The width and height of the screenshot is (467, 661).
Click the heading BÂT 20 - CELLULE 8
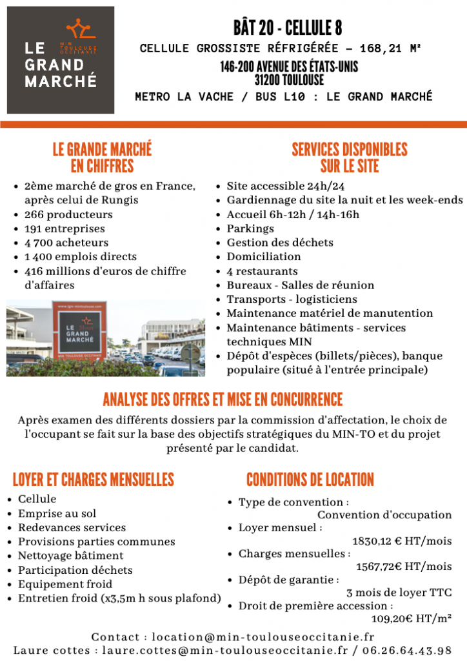288,28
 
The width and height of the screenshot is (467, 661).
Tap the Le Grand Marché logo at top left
61,60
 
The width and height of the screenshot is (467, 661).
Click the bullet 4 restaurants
262,271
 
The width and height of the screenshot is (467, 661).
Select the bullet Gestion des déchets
280,243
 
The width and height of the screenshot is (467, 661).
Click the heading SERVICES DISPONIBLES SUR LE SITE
349,158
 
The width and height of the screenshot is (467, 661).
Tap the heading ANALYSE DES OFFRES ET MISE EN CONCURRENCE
223,399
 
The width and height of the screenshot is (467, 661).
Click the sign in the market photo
84,330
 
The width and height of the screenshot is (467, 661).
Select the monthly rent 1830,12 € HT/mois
401,542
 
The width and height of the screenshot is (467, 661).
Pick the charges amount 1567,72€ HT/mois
404,567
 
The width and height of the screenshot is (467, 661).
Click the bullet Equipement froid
65,584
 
